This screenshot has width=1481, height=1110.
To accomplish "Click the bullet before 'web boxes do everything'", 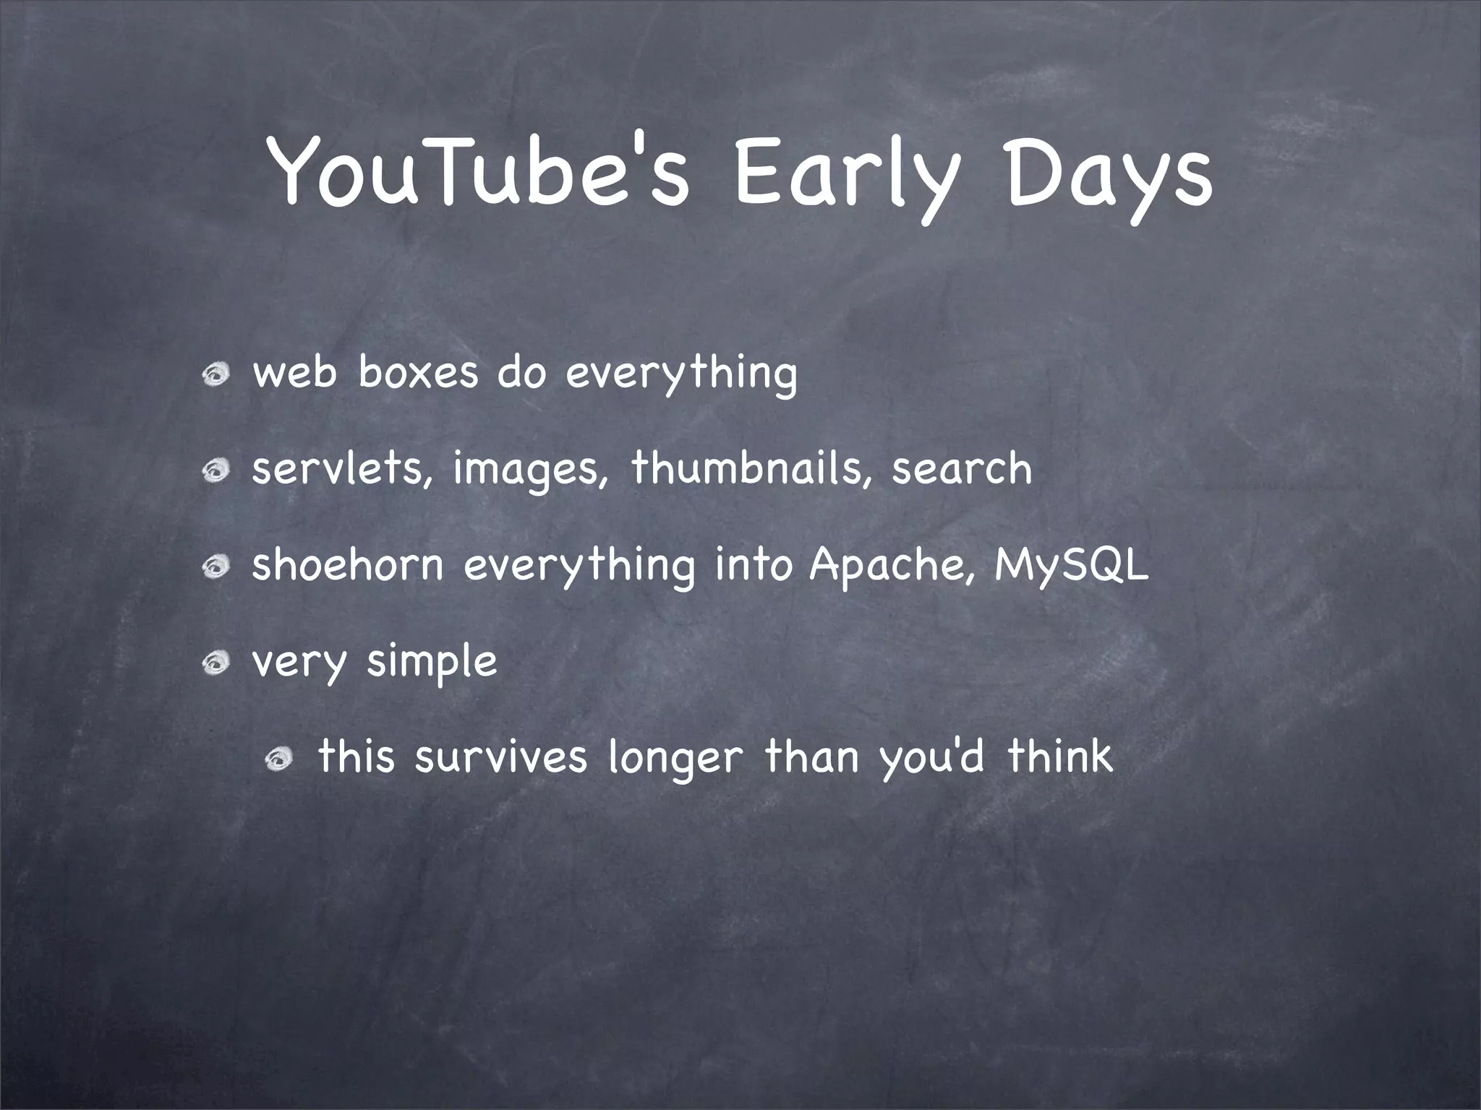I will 216,375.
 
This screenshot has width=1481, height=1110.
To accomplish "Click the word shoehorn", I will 347,564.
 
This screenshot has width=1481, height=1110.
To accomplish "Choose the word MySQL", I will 1070,566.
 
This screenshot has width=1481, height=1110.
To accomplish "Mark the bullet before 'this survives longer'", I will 278,759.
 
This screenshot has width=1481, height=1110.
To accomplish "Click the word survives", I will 500,757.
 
